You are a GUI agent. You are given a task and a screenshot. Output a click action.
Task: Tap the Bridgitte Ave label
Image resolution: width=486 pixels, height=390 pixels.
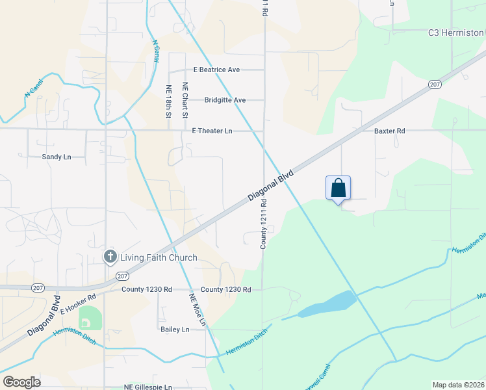tap(225, 100)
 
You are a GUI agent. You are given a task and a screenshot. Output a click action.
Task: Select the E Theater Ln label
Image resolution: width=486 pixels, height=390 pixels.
tap(212, 131)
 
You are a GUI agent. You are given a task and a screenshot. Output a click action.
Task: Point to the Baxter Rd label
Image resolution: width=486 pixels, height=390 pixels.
tap(389, 131)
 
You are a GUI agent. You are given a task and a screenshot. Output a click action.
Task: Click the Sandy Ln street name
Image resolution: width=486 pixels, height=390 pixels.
tap(56, 157)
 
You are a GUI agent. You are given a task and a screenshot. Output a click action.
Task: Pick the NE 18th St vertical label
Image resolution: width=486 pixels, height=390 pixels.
tap(168, 101)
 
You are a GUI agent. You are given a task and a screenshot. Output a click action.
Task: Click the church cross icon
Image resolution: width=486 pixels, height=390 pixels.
tap(110, 257)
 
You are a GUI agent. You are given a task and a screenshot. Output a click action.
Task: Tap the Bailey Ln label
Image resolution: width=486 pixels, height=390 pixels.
tap(175, 330)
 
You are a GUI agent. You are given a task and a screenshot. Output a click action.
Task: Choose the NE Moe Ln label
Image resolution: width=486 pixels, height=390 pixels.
tap(198, 309)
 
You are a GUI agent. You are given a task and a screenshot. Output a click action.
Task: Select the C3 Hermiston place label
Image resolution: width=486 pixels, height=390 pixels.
tap(455, 32)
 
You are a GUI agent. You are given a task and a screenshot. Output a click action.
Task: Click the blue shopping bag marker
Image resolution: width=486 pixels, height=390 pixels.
tap(338, 188)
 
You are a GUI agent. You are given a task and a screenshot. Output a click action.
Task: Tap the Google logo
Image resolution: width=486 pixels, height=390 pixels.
tap(22, 382)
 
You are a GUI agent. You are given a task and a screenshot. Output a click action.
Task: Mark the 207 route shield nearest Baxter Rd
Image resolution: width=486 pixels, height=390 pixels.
tap(435, 84)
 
